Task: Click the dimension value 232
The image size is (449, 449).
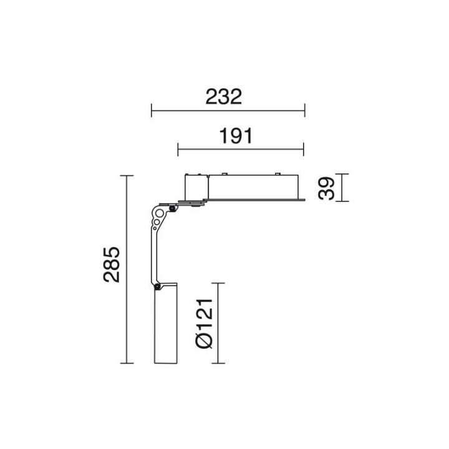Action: tap(224, 97)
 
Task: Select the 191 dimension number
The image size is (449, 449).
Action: tap(236, 136)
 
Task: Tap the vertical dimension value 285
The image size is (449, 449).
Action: tap(112, 264)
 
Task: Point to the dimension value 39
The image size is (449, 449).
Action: tap(326, 188)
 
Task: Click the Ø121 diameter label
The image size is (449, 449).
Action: tap(204, 323)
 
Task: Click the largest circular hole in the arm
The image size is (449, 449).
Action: tap(160, 213)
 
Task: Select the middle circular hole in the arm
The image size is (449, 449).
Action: tap(157, 222)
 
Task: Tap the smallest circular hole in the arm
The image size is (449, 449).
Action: tap(155, 228)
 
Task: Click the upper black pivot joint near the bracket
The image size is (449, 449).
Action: tap(172, 208)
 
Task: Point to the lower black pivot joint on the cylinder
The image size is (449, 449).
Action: tap(157, 286)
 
